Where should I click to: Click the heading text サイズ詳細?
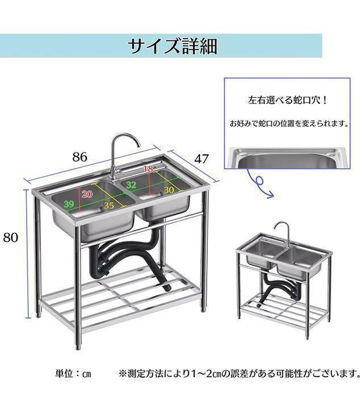click(173, 46)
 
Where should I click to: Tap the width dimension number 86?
click(79, 157)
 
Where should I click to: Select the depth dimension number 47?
click(201, 158)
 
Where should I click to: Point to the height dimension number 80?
click(11, 237)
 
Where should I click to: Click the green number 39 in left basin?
click(69, 204)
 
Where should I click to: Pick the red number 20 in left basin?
click(87, 194)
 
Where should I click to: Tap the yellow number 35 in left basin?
click(109, 206)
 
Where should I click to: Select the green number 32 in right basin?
click(131, 185)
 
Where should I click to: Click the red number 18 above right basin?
click(148, 169)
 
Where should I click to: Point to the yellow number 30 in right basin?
click(169, 190)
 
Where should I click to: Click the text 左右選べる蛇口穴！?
click(287, 100)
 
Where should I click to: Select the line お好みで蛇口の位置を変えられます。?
click(289, 123)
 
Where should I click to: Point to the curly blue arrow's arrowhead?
click(271, 195)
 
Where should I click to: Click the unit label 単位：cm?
click(73, 374)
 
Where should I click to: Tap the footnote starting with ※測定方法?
click(239, 374)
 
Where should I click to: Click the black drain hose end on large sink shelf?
click(167, 287)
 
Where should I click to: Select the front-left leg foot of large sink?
click(78, 347)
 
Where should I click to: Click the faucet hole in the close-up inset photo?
click(331, 155)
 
